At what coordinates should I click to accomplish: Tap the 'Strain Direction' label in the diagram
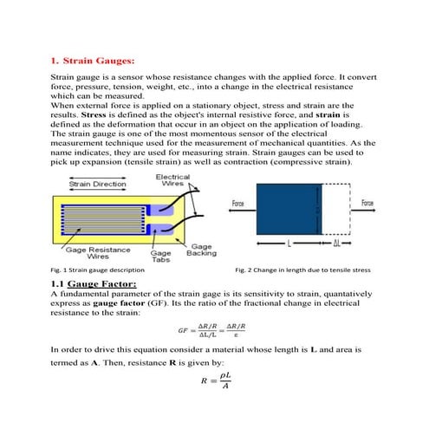click(x=96, y=183)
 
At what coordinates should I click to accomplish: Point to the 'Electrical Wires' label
click(x=173, y=180)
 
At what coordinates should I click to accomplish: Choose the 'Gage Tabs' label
click(x=162, y=254)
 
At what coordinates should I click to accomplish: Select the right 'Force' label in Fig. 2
click(x=367, y=203)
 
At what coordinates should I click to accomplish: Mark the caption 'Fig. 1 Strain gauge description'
click(x=97, y=270)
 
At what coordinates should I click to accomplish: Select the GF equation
click(x=214, y=329)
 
